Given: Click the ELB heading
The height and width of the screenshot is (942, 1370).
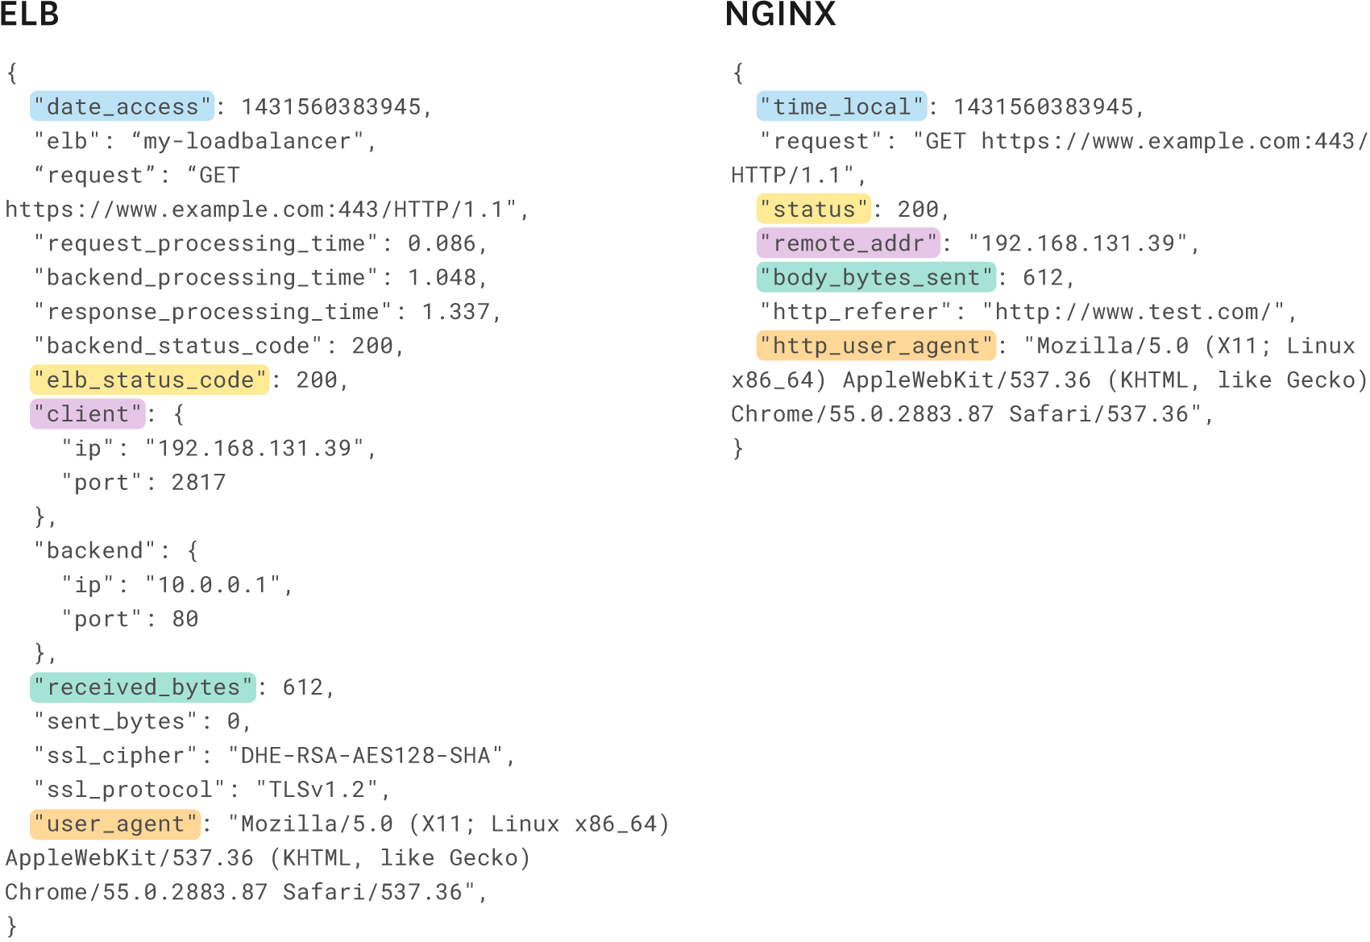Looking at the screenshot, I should [30, 15].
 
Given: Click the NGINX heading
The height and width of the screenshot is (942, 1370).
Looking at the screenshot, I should [780, 15].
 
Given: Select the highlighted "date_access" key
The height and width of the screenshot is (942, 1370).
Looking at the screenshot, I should [122, 106].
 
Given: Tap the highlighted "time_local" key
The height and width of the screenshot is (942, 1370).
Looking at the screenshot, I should [841, 106].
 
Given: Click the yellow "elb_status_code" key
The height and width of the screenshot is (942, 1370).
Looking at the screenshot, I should [150, 380].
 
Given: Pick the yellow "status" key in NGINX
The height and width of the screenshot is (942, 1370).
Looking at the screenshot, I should [814, 210].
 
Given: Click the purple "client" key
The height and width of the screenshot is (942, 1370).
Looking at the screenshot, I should [88, 414].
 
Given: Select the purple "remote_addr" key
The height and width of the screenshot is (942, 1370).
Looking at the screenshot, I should [849, 243].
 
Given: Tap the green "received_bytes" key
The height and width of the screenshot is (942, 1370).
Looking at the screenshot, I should [143, 687].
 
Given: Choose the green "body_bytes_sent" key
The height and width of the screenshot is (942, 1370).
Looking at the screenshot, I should [876, 277].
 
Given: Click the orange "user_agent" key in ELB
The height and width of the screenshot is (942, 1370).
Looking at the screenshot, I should [115, 824].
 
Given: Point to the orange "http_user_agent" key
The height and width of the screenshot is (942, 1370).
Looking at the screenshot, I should [876, 346].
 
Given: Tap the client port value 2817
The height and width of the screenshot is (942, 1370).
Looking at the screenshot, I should [198, 483].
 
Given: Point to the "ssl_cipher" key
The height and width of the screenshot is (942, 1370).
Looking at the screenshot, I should [116, 756].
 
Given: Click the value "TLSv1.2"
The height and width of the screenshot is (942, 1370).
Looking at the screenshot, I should [317, 790].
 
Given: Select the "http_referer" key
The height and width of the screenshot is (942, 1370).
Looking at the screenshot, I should [856, 312].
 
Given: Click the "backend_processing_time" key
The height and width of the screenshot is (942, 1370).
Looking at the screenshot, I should [205, 278].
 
